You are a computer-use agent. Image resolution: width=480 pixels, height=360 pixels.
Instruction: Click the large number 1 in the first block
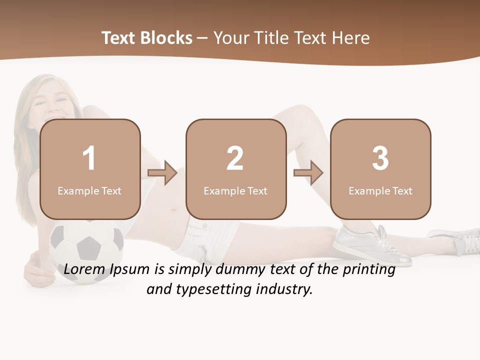(89, 158)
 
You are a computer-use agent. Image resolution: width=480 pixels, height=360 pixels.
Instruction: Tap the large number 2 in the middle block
(235, 158)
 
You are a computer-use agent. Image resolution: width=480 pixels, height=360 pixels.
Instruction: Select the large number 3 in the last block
(380, 158)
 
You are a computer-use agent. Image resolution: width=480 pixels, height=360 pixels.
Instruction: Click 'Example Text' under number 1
(89, 191)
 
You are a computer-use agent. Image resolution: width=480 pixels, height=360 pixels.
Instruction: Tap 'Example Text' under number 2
(235, 191)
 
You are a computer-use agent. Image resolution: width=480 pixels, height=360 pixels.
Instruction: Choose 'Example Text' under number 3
(380, 191)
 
